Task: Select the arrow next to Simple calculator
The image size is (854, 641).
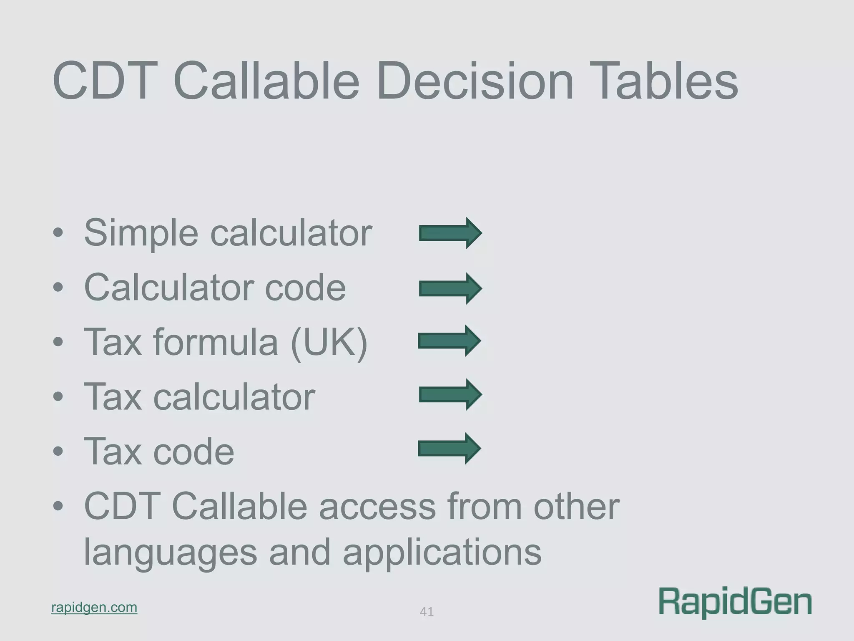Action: (x=450, y=233)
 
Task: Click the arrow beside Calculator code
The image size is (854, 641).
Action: (x=450, y=288)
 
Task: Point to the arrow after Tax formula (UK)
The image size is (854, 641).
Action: (x=450, y=341)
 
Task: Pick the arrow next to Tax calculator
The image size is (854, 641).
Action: (x=450, y=395)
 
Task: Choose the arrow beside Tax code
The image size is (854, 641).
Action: (x=450, y=449)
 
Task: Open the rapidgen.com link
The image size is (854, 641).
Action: (x=94, y=607)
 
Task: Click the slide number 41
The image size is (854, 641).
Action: (x=427, y=612)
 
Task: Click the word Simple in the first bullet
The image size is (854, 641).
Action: (x=141, y=233)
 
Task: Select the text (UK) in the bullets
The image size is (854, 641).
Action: (x=329, y=342)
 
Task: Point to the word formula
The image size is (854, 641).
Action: (x=216, y=342)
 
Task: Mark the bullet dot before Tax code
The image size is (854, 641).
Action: (x=58, y=452)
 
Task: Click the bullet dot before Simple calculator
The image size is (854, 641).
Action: (x=58, y=233)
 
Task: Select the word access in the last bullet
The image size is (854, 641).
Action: (x=377, y=507)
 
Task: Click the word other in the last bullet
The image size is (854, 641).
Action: (x=577, y=507)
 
